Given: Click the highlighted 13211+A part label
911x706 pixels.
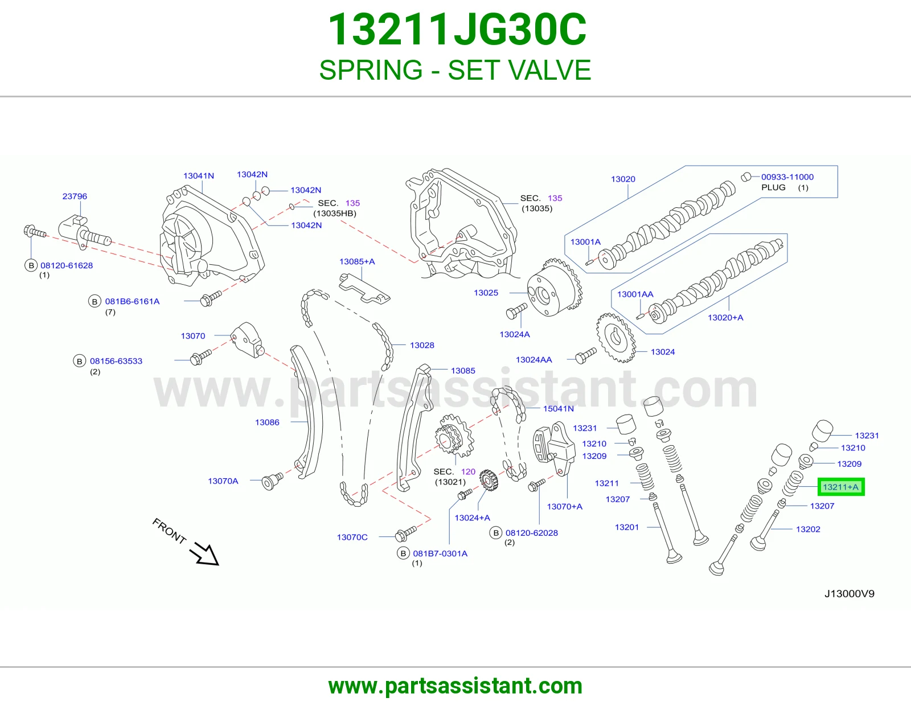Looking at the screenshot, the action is (840, 487).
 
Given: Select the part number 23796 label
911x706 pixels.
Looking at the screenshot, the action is (75, 196).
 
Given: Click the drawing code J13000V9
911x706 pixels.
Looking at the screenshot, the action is (850, 594).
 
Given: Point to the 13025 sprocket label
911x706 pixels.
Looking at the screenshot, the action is (486, 293).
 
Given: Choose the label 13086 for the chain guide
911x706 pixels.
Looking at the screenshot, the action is (267, 422).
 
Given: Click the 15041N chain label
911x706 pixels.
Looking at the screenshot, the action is (559, 408).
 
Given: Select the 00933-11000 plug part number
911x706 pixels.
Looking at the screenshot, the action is (787, 177).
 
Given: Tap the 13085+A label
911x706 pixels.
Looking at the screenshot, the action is (357, 261).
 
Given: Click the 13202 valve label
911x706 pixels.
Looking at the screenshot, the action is (808, 529).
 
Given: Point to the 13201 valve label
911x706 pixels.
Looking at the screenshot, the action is (627, 527).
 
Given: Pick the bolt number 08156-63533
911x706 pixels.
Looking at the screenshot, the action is (116, 361).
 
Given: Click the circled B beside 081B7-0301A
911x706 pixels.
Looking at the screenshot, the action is (403, 553).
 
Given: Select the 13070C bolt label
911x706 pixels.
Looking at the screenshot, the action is (352, 537).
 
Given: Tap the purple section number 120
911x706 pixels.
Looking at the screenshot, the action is (468, 471).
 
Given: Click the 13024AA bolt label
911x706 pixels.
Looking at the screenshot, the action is (534, 360).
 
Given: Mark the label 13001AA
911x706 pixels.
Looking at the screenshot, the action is (635, 294).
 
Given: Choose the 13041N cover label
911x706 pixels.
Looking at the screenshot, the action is (198, 176).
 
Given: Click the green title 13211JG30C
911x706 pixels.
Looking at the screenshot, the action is (457, 30).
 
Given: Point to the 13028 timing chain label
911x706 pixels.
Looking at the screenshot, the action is (422, 345).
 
